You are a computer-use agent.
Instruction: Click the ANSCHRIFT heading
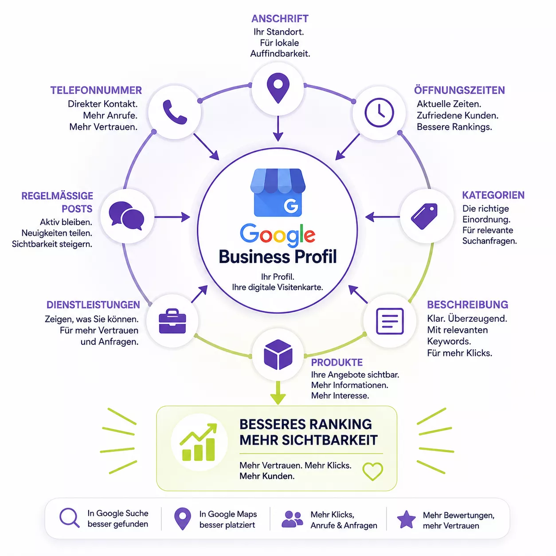coord(280,19)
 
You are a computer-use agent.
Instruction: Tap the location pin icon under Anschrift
coord(278,88)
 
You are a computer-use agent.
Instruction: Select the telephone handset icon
coord(175,112)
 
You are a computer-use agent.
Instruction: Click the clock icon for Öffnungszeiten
coord(379,113)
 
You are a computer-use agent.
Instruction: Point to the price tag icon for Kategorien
coord(424,216)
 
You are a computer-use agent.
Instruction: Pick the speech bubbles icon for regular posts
coord(127,216)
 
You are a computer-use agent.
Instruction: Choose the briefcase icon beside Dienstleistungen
coord(172,321)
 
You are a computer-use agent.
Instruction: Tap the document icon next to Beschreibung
coord(390,321)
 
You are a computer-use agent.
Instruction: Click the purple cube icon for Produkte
coord(278,354)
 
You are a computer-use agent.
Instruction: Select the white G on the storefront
coord(291,205)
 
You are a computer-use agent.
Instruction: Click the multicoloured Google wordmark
coord(278,235)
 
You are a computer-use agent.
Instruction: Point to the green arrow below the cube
coord(278,393)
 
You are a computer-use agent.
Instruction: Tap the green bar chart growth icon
coord(199,442)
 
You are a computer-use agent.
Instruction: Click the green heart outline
coord(372,471)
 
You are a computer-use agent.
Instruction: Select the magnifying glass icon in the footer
coord(70,518)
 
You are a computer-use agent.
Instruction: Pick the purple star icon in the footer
coord(406,519)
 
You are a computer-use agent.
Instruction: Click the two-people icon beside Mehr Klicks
coord(292,519)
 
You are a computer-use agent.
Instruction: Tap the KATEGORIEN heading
coord(493,195)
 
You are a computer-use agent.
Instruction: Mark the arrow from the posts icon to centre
coord(172,217)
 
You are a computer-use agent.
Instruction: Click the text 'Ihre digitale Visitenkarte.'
coord(277,287)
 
